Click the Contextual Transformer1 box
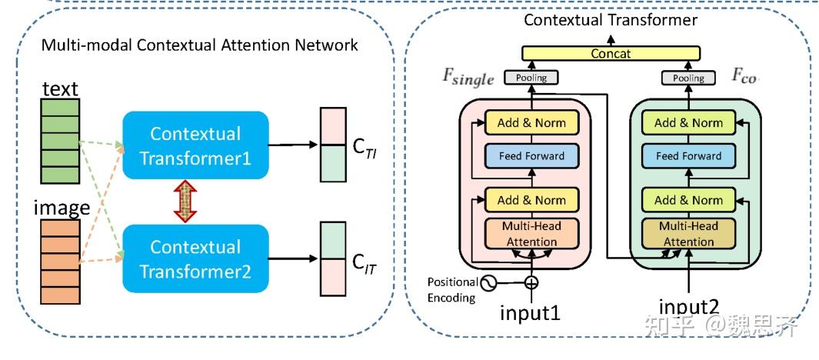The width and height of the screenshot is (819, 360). click(195, 145)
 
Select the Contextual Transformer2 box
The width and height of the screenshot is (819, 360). click(195, 258)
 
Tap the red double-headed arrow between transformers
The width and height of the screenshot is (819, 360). click(182, 202)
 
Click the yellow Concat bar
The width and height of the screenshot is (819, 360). click(611, 54)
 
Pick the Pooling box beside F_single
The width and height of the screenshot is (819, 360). click(531, 78)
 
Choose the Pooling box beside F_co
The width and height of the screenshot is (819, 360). click(687, 78)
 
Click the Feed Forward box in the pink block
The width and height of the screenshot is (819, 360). click(531, 156)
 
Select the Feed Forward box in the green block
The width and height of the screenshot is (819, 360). click(688, 156)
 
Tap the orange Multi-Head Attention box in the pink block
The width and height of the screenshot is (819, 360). click(531, 234)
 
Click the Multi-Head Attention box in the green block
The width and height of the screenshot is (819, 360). click(688, 234)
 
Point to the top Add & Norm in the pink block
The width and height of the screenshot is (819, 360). click(531, 122)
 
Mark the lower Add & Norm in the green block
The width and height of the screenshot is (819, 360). click(688, 200)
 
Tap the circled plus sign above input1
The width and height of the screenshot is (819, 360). click(531, 282)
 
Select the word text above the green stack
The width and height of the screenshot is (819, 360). click(59, 89)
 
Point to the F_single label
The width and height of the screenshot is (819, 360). click(468, 76)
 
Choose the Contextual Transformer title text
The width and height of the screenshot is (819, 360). click(611, 19)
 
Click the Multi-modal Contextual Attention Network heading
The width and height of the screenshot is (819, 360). click(199, 45)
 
